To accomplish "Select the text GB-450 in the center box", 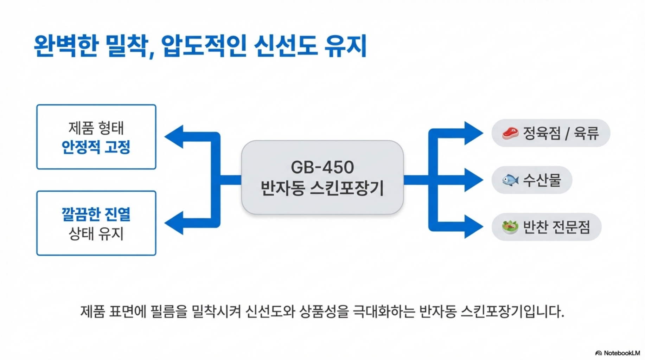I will tap(322, 167).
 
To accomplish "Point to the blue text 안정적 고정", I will tap(96, 147).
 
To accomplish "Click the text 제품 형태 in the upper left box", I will tap(96, 128).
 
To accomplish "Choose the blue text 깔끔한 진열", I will tap(96, 214).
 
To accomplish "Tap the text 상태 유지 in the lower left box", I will tap(96, 233).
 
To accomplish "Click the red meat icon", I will tap(510, 133).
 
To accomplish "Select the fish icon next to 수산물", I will tap(510, 180).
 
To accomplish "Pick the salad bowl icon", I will tap(510, 227).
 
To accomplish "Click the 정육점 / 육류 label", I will tap(561, 133).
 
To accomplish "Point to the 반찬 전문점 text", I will tap(556, 227).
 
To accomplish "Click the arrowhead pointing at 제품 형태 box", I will tap(174, 136).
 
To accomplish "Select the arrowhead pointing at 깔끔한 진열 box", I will tap(174, 223).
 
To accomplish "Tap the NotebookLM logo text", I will tap(621, 353).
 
